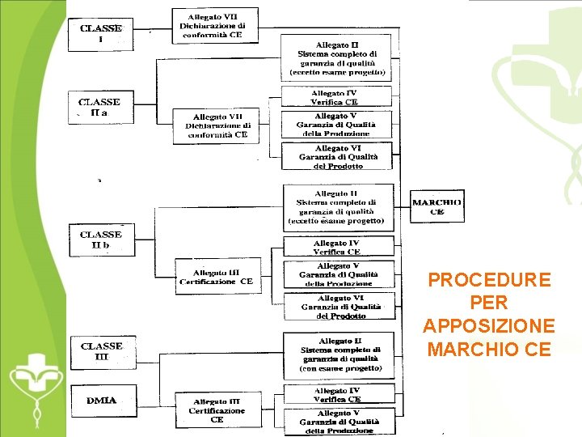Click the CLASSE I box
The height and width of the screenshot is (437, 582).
pos(101,33)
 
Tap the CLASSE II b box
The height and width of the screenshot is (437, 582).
pos(102,240)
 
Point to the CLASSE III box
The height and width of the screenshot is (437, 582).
pos(102,351)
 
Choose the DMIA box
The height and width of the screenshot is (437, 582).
pos(102,400)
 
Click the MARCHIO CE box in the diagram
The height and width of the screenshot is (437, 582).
pos(437,208)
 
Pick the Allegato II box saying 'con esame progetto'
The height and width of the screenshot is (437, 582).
pos(338,354)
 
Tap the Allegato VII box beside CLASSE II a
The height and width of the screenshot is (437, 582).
pos(217,125)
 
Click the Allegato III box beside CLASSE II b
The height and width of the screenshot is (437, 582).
pos(217,277)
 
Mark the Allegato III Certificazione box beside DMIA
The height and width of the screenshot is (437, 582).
pos(217,410)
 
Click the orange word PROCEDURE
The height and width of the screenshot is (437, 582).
pos(489,280)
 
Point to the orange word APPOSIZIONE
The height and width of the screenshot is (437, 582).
pos(489,326)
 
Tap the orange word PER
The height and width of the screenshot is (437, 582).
pos(489,303)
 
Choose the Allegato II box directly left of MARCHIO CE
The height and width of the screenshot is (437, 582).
pos(338,207)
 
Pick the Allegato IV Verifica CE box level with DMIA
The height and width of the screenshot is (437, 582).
pos(338,394)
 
